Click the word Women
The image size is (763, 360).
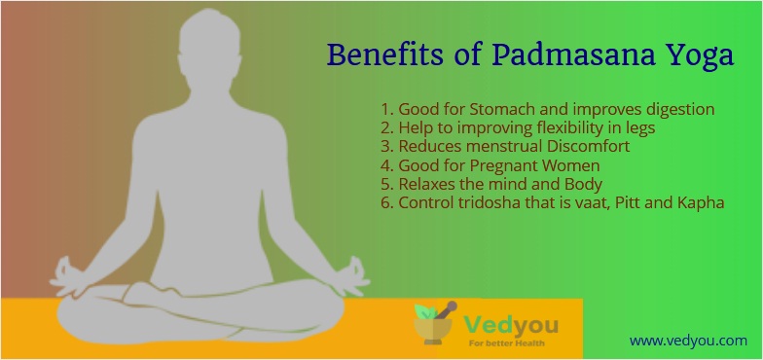pos(576,165)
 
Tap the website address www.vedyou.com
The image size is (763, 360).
pos(688,341)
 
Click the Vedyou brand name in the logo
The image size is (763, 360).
pos(511,325)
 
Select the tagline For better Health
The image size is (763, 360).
pos(506,343)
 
